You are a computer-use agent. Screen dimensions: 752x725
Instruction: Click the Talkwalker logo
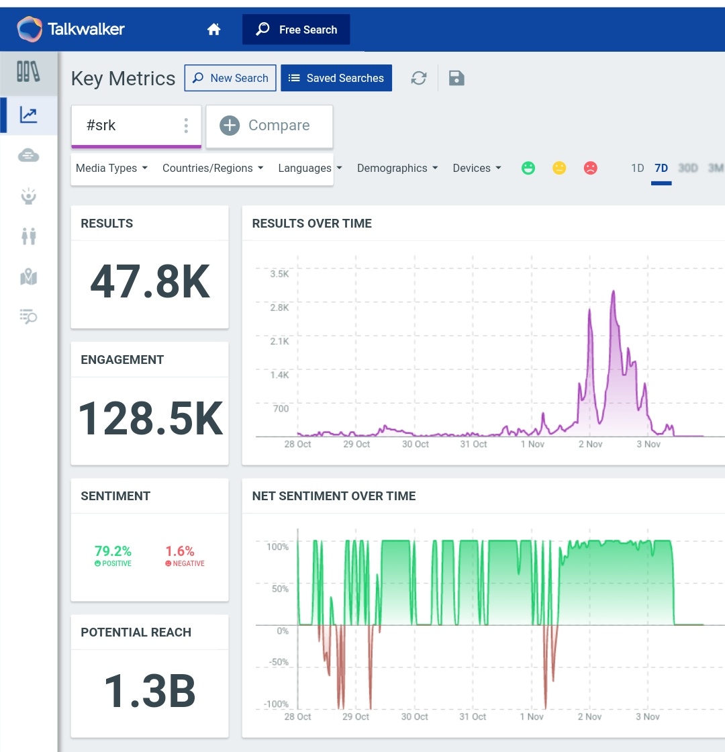[x=70, y=29]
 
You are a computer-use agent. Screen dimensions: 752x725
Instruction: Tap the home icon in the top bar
[x=214, y=30]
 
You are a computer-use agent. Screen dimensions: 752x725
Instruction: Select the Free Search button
[x=296, y=30]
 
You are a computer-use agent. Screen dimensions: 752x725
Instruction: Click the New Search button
[x=230, y=78]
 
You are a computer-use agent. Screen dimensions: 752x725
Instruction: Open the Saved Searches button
[x=336, y=78]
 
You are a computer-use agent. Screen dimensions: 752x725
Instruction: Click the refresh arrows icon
[x=419, y=78]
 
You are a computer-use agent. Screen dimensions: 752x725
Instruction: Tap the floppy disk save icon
[x=456, y=78]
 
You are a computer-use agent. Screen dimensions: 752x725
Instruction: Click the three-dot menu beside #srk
[x=186, y=126]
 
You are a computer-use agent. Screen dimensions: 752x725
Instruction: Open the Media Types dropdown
[x=111, y=168]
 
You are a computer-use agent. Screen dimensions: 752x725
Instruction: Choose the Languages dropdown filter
[x=310, y=168]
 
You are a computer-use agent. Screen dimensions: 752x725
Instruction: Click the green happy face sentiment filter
[x=529, y=168]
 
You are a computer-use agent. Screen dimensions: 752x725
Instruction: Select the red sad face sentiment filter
[x=590, y=168]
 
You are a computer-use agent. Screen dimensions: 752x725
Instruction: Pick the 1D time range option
[x=637, y=168]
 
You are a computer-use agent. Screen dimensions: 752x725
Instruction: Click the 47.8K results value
[x=150, y=283]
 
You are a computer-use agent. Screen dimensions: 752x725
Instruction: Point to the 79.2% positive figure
[x=113, y=551]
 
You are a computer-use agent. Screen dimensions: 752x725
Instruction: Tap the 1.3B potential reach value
[x=150, y=691]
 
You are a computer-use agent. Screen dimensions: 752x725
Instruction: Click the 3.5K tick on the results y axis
[x=279, y=274]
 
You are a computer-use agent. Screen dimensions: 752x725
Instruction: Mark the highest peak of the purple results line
[x=613, y=291]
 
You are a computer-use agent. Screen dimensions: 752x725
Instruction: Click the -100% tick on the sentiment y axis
[x=277, y=704]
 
